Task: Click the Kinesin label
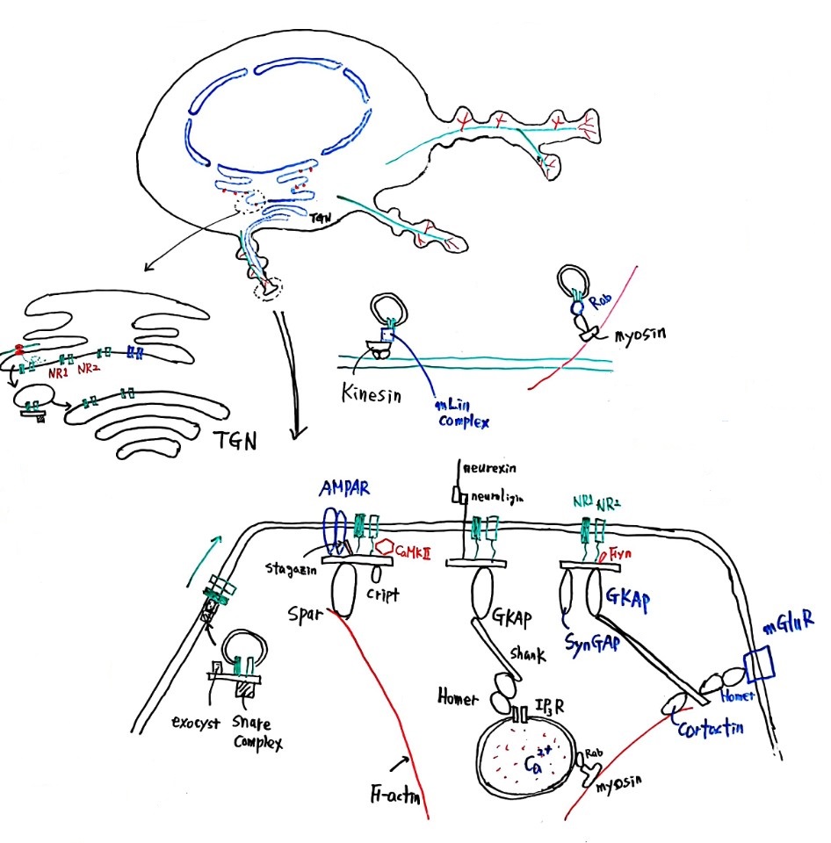click(371, 396)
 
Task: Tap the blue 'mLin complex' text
click(458, 414)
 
